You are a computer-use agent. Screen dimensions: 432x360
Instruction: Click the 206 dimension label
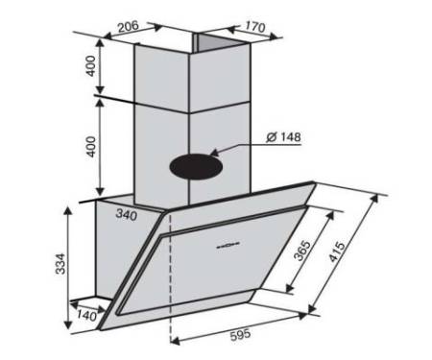(x=128, y=27)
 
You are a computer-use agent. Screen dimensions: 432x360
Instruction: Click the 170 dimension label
(x=255, y=27)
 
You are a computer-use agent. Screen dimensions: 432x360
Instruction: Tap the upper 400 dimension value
(x=91, y=66)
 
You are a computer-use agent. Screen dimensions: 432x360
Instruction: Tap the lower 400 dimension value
(x=91, y=147)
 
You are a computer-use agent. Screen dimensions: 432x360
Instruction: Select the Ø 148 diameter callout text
(x=283, y=137)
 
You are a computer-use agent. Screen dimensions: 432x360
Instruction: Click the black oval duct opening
(x=196, y=166)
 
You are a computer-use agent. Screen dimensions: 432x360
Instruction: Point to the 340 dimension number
(x=127, y=214)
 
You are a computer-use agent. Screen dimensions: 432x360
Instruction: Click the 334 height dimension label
(x=60, y=264)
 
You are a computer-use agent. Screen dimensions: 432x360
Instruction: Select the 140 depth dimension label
(x=86, y=316)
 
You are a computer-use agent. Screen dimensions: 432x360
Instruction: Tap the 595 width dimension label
(x=241, y=335)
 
